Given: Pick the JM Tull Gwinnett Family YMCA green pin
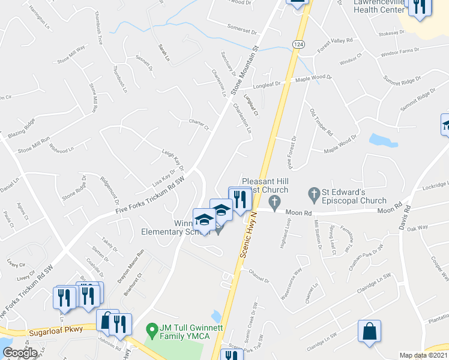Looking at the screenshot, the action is coord(152,330).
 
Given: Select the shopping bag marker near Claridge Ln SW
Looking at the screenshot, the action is coord(370,332).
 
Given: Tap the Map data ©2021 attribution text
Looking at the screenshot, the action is coord(424,355).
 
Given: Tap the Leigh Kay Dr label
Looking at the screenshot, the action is coord(173,158).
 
